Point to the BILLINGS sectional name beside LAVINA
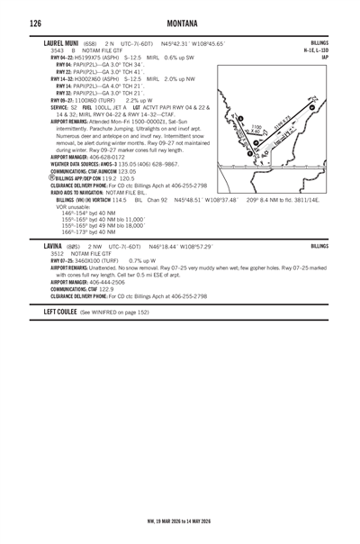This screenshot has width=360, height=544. tap(319, 245)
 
